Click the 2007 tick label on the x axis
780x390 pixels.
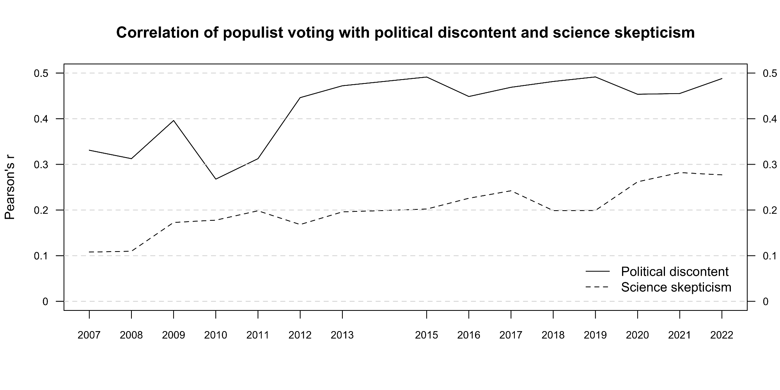[x=89, y=335]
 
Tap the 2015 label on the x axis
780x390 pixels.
[x=426, y=335]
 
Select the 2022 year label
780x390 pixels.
[x=722, y=335]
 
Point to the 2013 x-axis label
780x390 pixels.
[x=342, y=335]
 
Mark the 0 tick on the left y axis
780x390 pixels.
[x=46, y=301]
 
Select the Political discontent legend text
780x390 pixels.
[x=675, y=271]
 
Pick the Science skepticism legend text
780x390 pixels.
[x=676, y=287]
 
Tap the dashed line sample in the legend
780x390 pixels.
[x=597, y=287]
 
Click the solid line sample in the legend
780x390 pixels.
[x=597, y=271]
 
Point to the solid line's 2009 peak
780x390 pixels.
[x=174, y=120]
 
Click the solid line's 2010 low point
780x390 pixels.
[x=216, y=179]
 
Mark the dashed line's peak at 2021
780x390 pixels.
[x=680, y=172]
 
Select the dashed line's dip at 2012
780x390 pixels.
[x=300, y=224]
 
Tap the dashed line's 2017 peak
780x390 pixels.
[x=511, y=191]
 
